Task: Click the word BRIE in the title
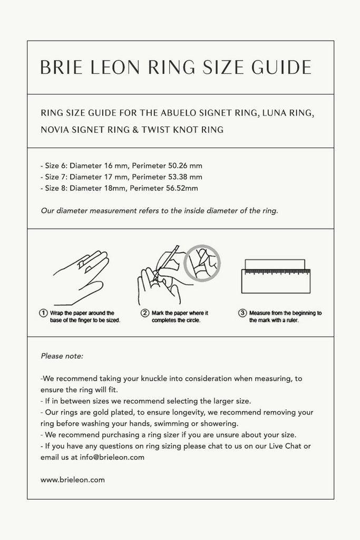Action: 60,67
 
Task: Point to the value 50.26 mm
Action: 182,166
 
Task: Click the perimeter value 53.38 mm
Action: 182,177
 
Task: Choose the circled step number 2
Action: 144,313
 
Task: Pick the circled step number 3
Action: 242,313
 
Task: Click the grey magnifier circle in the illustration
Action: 201,263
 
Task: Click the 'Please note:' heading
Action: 62,356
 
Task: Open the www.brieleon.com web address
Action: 73,480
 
